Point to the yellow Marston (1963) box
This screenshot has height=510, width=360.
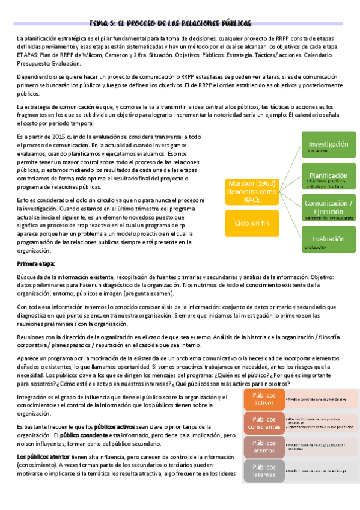(x=252, y=191)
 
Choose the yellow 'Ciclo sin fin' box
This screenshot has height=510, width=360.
(x=252, y=224)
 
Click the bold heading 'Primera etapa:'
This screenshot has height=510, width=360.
(x=36, y=263)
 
